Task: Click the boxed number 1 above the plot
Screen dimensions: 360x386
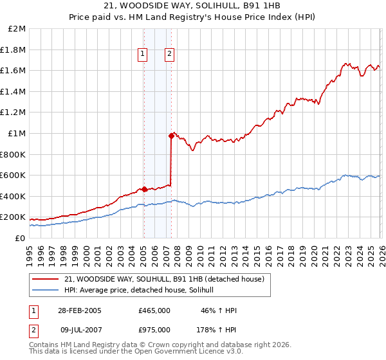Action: (142, 55)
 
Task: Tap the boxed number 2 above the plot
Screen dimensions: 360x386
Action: (169, 55)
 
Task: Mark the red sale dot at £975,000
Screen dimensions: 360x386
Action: (171, 136)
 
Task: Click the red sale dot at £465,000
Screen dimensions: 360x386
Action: (144, 189)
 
